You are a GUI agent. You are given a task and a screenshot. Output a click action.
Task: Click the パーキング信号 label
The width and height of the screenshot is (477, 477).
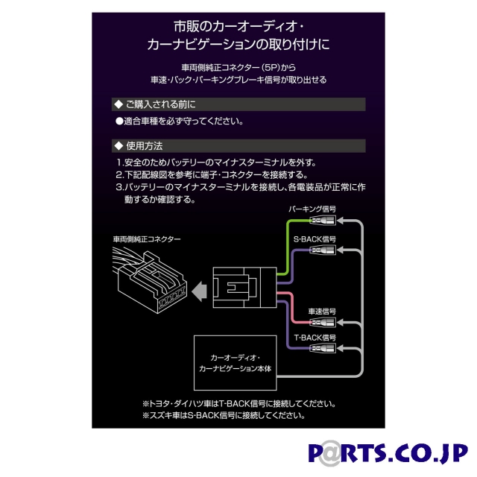(x=320, y=210)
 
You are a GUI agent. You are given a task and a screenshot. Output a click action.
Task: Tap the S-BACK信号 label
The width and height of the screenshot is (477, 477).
(x=320, y=239)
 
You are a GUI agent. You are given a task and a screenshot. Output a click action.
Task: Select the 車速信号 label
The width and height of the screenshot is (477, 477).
(x=322, y=309)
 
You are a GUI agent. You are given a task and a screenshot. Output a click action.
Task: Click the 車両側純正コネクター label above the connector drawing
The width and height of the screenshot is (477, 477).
(x=147, y=240)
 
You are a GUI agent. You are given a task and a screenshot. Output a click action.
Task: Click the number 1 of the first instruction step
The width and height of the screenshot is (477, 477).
(x=119, y=162)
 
